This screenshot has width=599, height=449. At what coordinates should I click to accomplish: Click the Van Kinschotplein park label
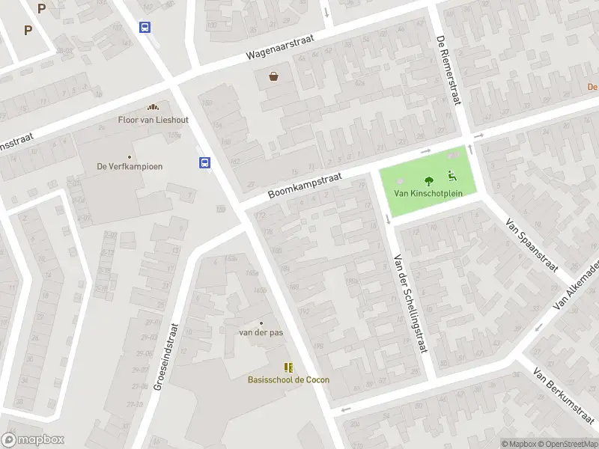429,193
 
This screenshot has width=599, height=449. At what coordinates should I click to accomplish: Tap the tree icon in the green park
429,180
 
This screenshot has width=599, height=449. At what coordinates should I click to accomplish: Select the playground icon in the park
452,177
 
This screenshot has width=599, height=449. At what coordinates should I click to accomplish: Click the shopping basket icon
274,76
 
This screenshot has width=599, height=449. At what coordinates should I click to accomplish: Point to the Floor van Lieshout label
153,120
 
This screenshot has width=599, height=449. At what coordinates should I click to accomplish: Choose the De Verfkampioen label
130,167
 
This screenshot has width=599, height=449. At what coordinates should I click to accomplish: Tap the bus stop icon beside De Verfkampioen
204,162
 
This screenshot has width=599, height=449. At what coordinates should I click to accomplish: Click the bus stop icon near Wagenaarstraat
145,27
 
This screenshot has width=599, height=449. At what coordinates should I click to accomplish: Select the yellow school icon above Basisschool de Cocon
288,367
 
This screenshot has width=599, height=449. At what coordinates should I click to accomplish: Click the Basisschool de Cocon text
288,379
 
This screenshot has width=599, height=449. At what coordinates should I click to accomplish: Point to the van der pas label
261,332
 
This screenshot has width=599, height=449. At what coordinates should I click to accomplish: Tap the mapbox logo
33,440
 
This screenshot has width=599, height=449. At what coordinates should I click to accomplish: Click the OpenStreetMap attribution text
570,444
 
